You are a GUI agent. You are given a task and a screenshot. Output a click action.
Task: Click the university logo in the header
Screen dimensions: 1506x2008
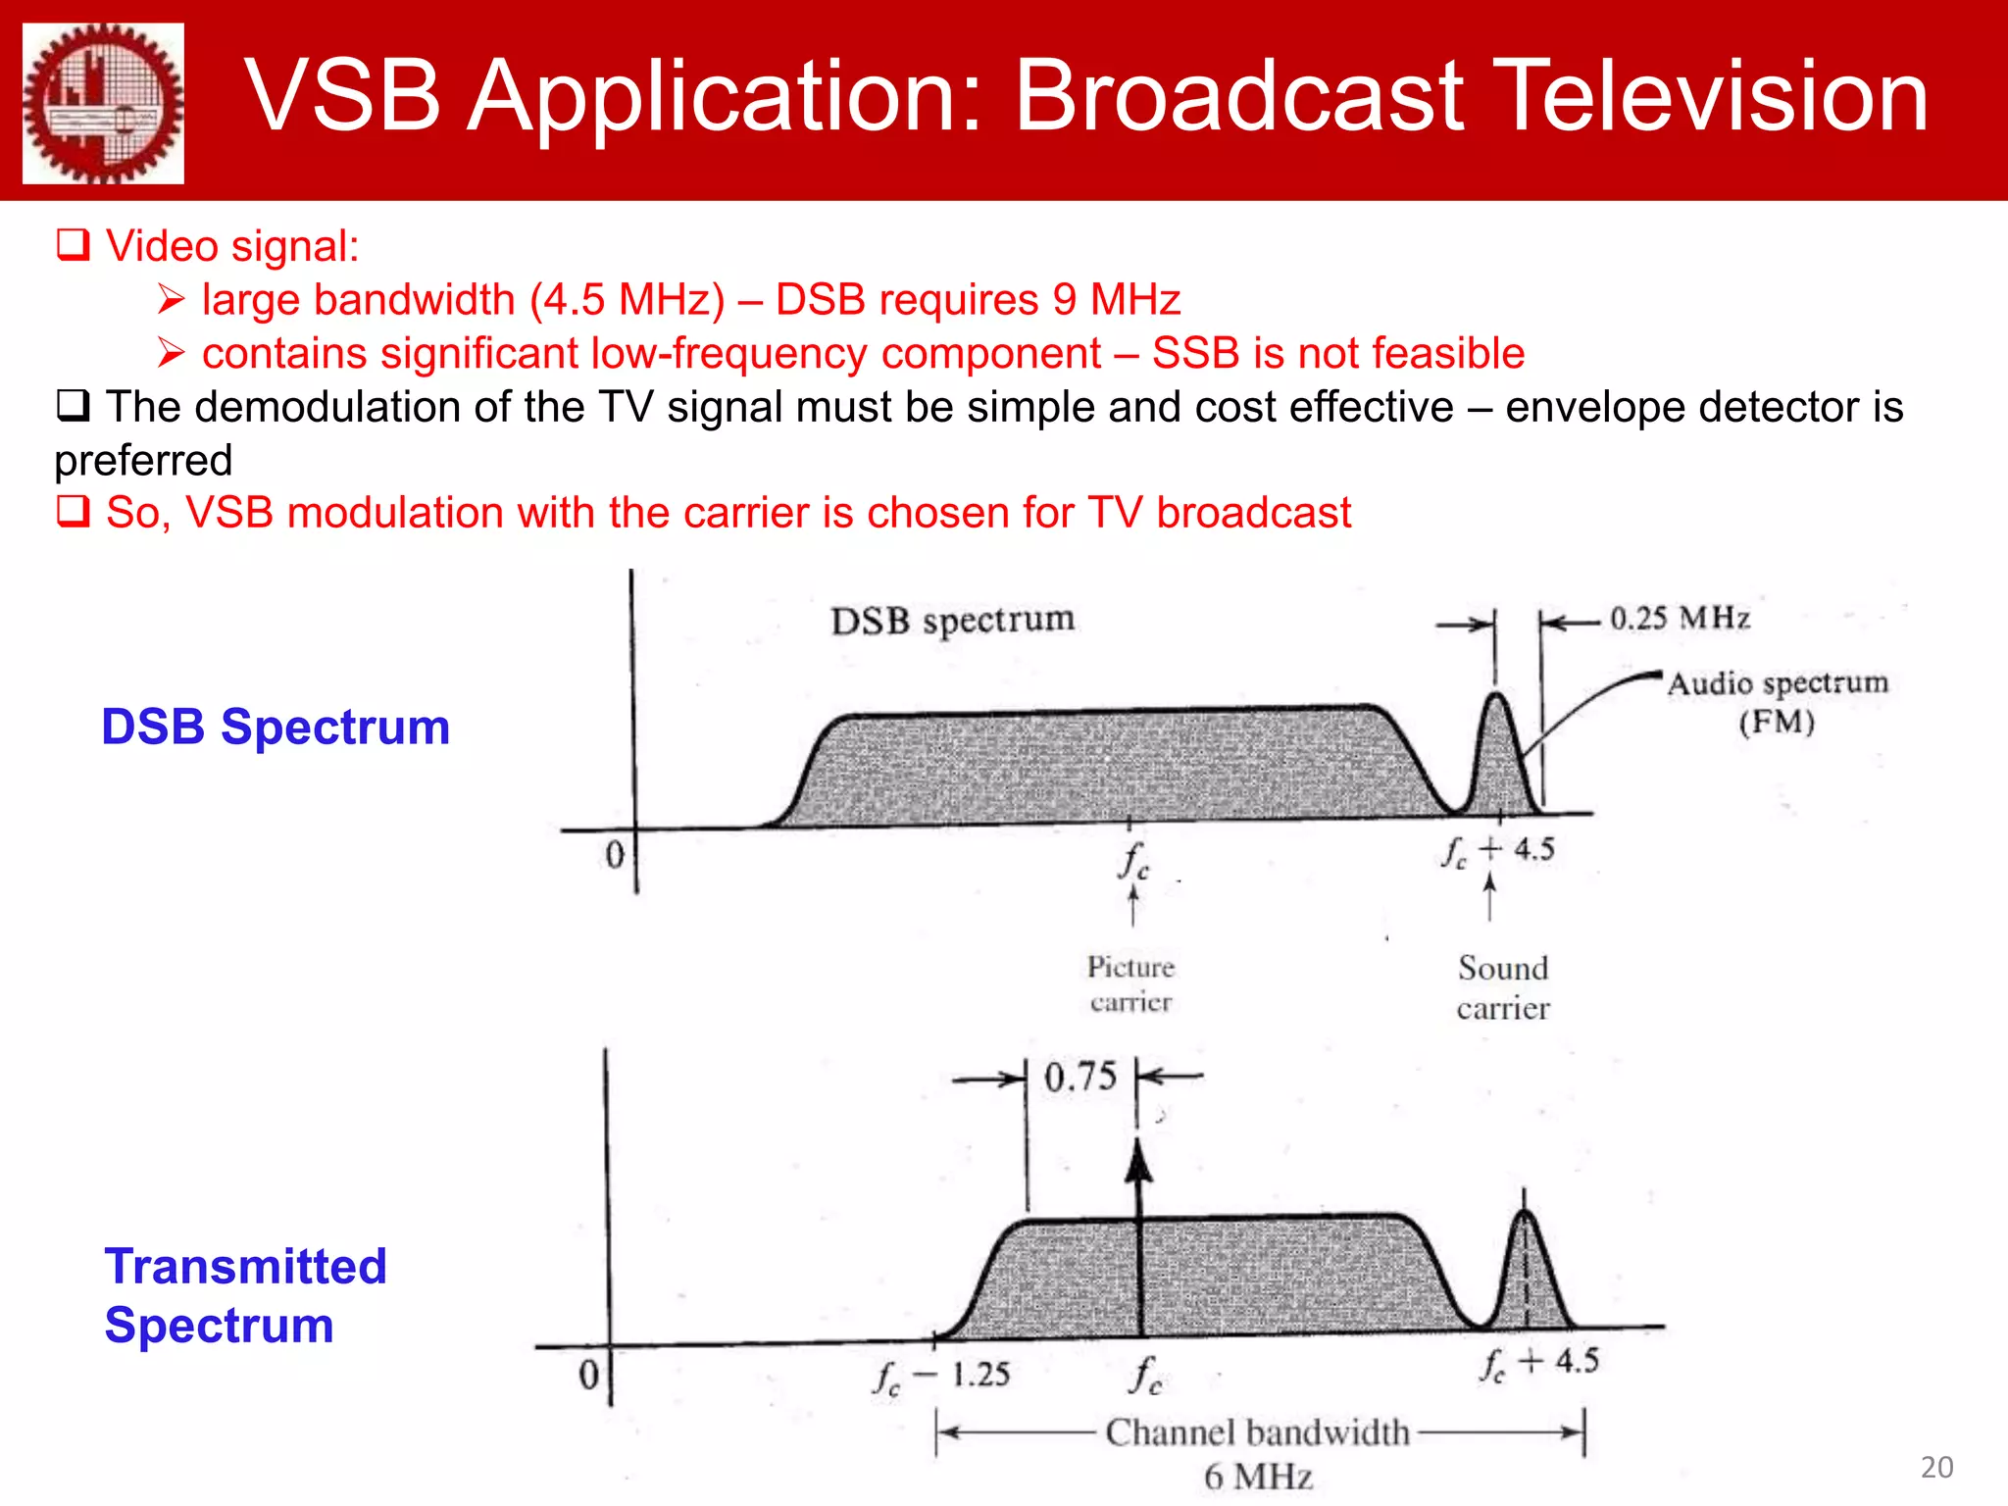point(103,103)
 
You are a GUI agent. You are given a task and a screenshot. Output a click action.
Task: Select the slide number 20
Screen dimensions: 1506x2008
point(1935,1467)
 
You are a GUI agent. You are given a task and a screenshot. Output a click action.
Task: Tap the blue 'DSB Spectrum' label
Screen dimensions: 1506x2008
point(276,727)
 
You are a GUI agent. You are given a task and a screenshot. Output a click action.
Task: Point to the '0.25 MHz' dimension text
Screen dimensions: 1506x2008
point(1680,618)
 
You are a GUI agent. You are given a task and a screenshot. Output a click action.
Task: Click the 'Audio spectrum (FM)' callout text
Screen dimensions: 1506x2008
point(1777,701)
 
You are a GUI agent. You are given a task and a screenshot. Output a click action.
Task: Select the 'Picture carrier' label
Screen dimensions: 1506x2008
point(1130,983)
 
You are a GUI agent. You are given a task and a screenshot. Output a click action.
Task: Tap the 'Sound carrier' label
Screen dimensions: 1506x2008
point(1502,987)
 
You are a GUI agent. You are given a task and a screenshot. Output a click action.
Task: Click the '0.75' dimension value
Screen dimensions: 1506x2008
point(1079,1077)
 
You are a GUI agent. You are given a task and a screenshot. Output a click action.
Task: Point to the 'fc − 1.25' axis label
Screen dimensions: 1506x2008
point(941,1376)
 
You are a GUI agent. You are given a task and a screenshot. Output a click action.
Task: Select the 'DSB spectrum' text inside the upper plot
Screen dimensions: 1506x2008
point(952,620)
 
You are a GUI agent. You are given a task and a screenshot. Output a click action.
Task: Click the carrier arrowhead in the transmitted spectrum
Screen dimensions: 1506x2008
point(1137,1164)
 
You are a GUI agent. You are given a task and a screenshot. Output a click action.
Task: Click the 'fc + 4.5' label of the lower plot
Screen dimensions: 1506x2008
point(1539,1362)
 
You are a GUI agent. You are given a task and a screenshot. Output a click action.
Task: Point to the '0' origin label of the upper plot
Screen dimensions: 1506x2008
point(615,854)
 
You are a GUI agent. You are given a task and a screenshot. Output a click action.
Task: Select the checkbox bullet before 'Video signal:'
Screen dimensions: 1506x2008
point(74,244)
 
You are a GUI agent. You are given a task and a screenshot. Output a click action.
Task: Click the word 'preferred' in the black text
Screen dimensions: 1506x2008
point(143,460)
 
